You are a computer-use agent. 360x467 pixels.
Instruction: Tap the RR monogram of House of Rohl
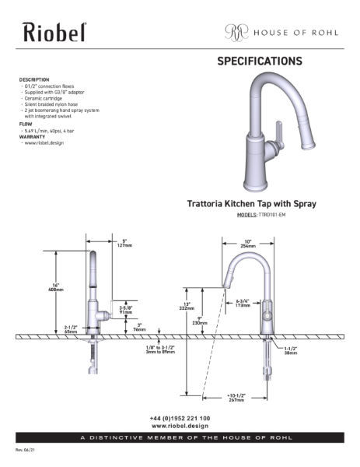click(x=234, y=32)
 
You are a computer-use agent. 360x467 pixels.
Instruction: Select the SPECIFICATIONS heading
click(x=260, y=61)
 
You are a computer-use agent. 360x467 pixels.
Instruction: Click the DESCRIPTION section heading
click(x=34, y=79)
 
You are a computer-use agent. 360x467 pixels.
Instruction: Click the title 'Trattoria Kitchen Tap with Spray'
click(x=250, y=203)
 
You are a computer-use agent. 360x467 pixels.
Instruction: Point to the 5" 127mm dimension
click(x=123, y=241)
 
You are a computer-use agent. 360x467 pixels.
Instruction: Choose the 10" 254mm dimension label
click(x=247, y=242)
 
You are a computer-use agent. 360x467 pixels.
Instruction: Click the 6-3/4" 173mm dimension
click(x=243, y=304)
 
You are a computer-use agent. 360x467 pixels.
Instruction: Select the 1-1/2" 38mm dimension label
click(x=291, y=350)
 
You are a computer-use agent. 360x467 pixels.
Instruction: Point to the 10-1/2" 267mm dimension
click(x=236, y=398)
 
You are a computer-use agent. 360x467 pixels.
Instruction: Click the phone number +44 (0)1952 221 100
click(x=180, y=418)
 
